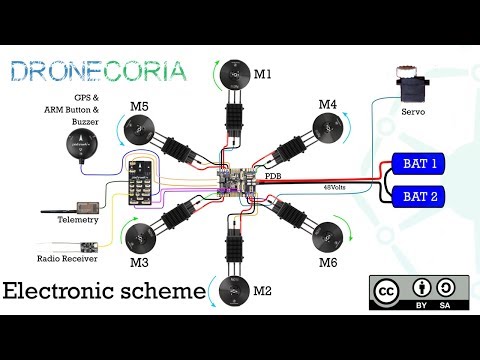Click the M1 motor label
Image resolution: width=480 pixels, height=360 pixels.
(262, 73)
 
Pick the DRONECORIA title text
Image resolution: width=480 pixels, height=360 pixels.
(96, 72)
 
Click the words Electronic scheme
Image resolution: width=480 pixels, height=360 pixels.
(103, 290)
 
